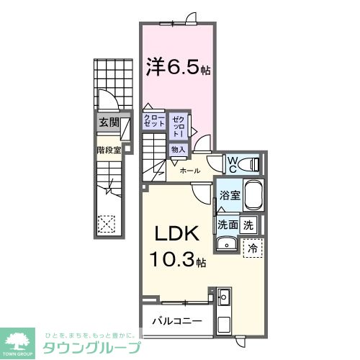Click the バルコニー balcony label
pos(176,320)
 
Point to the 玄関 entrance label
pos(109,124)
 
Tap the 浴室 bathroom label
pos(230,195)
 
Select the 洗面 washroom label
pos(228,225)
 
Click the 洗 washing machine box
pos(248,225)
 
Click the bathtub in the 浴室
pos(254,196)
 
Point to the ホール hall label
pos(189,171)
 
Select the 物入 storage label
pos(178,149)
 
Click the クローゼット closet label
pos(154,120)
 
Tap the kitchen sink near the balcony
pos(222,297)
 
